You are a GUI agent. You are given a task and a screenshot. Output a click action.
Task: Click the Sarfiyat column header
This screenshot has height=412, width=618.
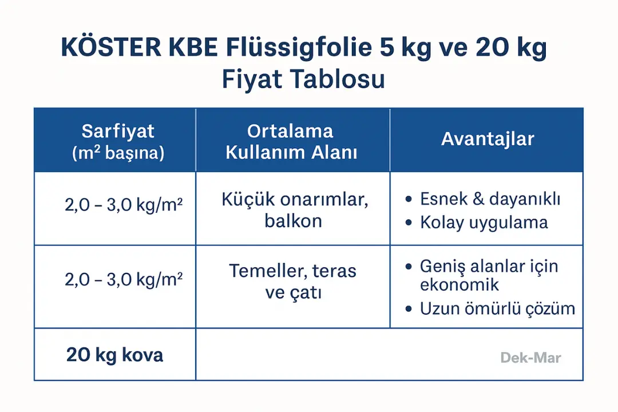118,131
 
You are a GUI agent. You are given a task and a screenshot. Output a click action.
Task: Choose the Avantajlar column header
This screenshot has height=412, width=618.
488,139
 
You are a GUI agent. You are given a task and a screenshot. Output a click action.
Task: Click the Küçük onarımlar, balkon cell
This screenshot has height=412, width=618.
294,210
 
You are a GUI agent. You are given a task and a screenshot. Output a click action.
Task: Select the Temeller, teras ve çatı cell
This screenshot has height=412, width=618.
293,282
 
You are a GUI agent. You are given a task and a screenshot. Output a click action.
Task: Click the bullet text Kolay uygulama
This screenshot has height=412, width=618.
484,222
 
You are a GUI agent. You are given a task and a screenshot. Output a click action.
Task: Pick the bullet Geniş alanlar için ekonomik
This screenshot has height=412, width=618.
489,275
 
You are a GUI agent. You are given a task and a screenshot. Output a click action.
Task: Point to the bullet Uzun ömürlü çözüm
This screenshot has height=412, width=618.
497,309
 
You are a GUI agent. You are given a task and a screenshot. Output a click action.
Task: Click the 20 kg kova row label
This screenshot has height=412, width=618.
114,355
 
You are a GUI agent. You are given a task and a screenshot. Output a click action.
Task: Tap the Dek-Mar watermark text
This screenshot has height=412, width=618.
530,358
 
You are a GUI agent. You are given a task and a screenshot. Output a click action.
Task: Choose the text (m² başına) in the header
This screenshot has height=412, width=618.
118,153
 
